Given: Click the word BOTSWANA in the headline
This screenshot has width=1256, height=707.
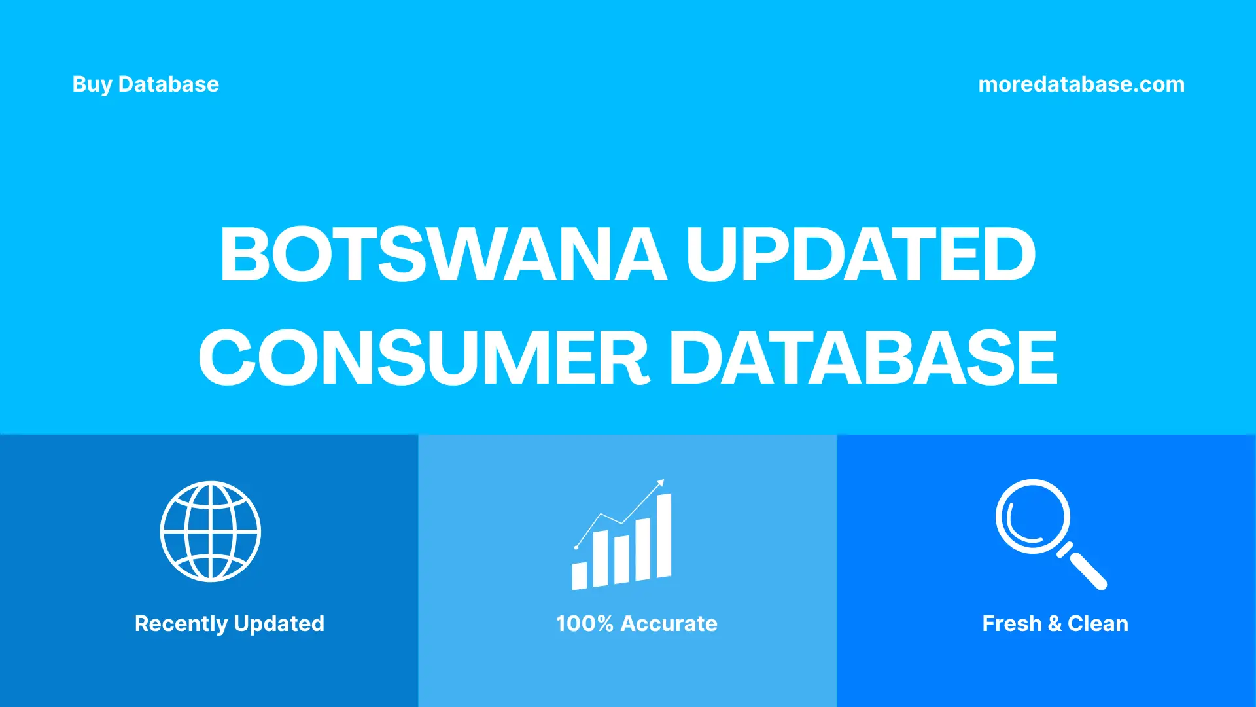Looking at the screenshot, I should point(443,254).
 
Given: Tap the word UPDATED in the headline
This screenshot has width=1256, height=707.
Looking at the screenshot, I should point(860,254).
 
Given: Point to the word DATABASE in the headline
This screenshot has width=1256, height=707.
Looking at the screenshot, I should point(863,357).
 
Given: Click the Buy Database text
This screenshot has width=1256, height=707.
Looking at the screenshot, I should point(146,84).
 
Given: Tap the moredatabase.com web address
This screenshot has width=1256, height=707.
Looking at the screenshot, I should point(1081,84).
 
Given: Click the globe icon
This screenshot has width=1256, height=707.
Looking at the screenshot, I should point(211,532).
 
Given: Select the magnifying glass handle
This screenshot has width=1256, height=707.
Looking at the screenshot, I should point(1087,569).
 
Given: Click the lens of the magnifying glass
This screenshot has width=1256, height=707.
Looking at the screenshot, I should point(1032,517).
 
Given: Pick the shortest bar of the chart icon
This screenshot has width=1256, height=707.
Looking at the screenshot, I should point(580,575).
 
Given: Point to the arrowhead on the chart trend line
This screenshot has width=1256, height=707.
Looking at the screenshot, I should point(661,483).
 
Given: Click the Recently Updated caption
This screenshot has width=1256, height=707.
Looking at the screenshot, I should point(229,623).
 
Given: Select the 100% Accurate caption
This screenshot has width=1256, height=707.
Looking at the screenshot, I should point(637,623).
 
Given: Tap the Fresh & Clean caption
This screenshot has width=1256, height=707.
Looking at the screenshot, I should point(1055,623).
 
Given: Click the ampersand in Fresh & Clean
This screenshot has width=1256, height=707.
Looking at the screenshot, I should point(1054,624).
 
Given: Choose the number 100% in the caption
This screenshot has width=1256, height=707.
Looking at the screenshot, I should point(584,623).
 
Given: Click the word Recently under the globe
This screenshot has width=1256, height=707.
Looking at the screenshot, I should point(181,623).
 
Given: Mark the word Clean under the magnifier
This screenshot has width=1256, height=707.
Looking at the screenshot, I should point(1098,623).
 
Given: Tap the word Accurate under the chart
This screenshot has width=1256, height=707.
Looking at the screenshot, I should point(669,623).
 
